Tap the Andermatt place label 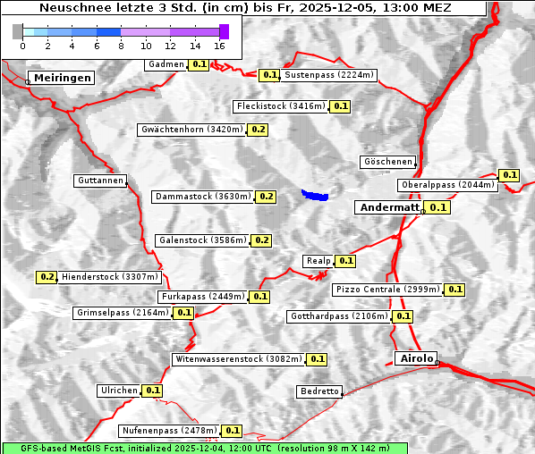388,207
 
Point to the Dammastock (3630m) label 202,196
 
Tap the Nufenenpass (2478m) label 169,431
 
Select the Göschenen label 388,162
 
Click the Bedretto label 319,391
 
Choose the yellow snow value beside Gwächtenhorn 259,130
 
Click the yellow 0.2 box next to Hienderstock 47,277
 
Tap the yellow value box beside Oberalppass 509,175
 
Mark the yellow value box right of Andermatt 437,207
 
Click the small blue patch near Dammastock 315,194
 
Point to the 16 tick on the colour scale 220,45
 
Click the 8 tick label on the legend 121,45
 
